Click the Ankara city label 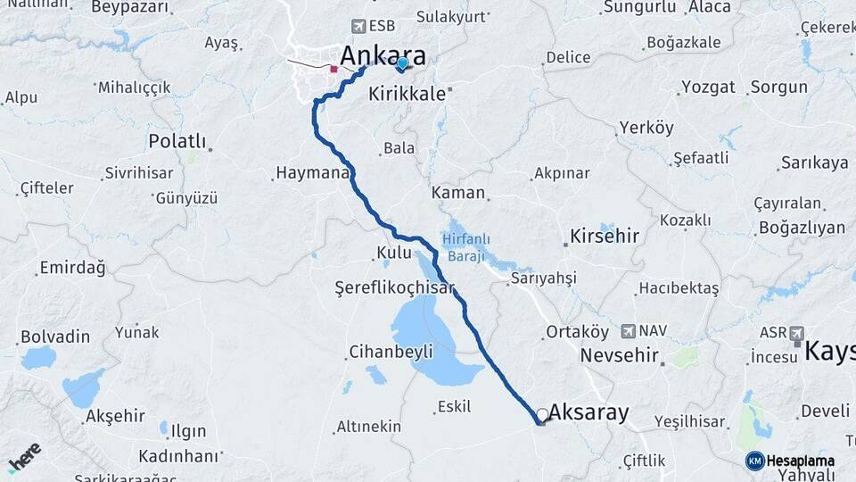[383, 56]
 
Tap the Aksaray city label [588, 412]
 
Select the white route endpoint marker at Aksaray [542, 415]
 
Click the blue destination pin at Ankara [402, 63]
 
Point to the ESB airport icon [359, 26]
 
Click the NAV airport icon [629, 331]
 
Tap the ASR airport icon [796, 332]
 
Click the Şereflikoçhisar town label [394, 287]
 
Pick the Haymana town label [311, 172]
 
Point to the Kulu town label [393, 253]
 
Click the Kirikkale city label [407, 93]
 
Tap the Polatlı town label [177, 141]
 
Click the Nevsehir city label [619, 355]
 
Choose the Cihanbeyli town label [391, 351]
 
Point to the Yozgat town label [708, 87]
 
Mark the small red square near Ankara [333, 69]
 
